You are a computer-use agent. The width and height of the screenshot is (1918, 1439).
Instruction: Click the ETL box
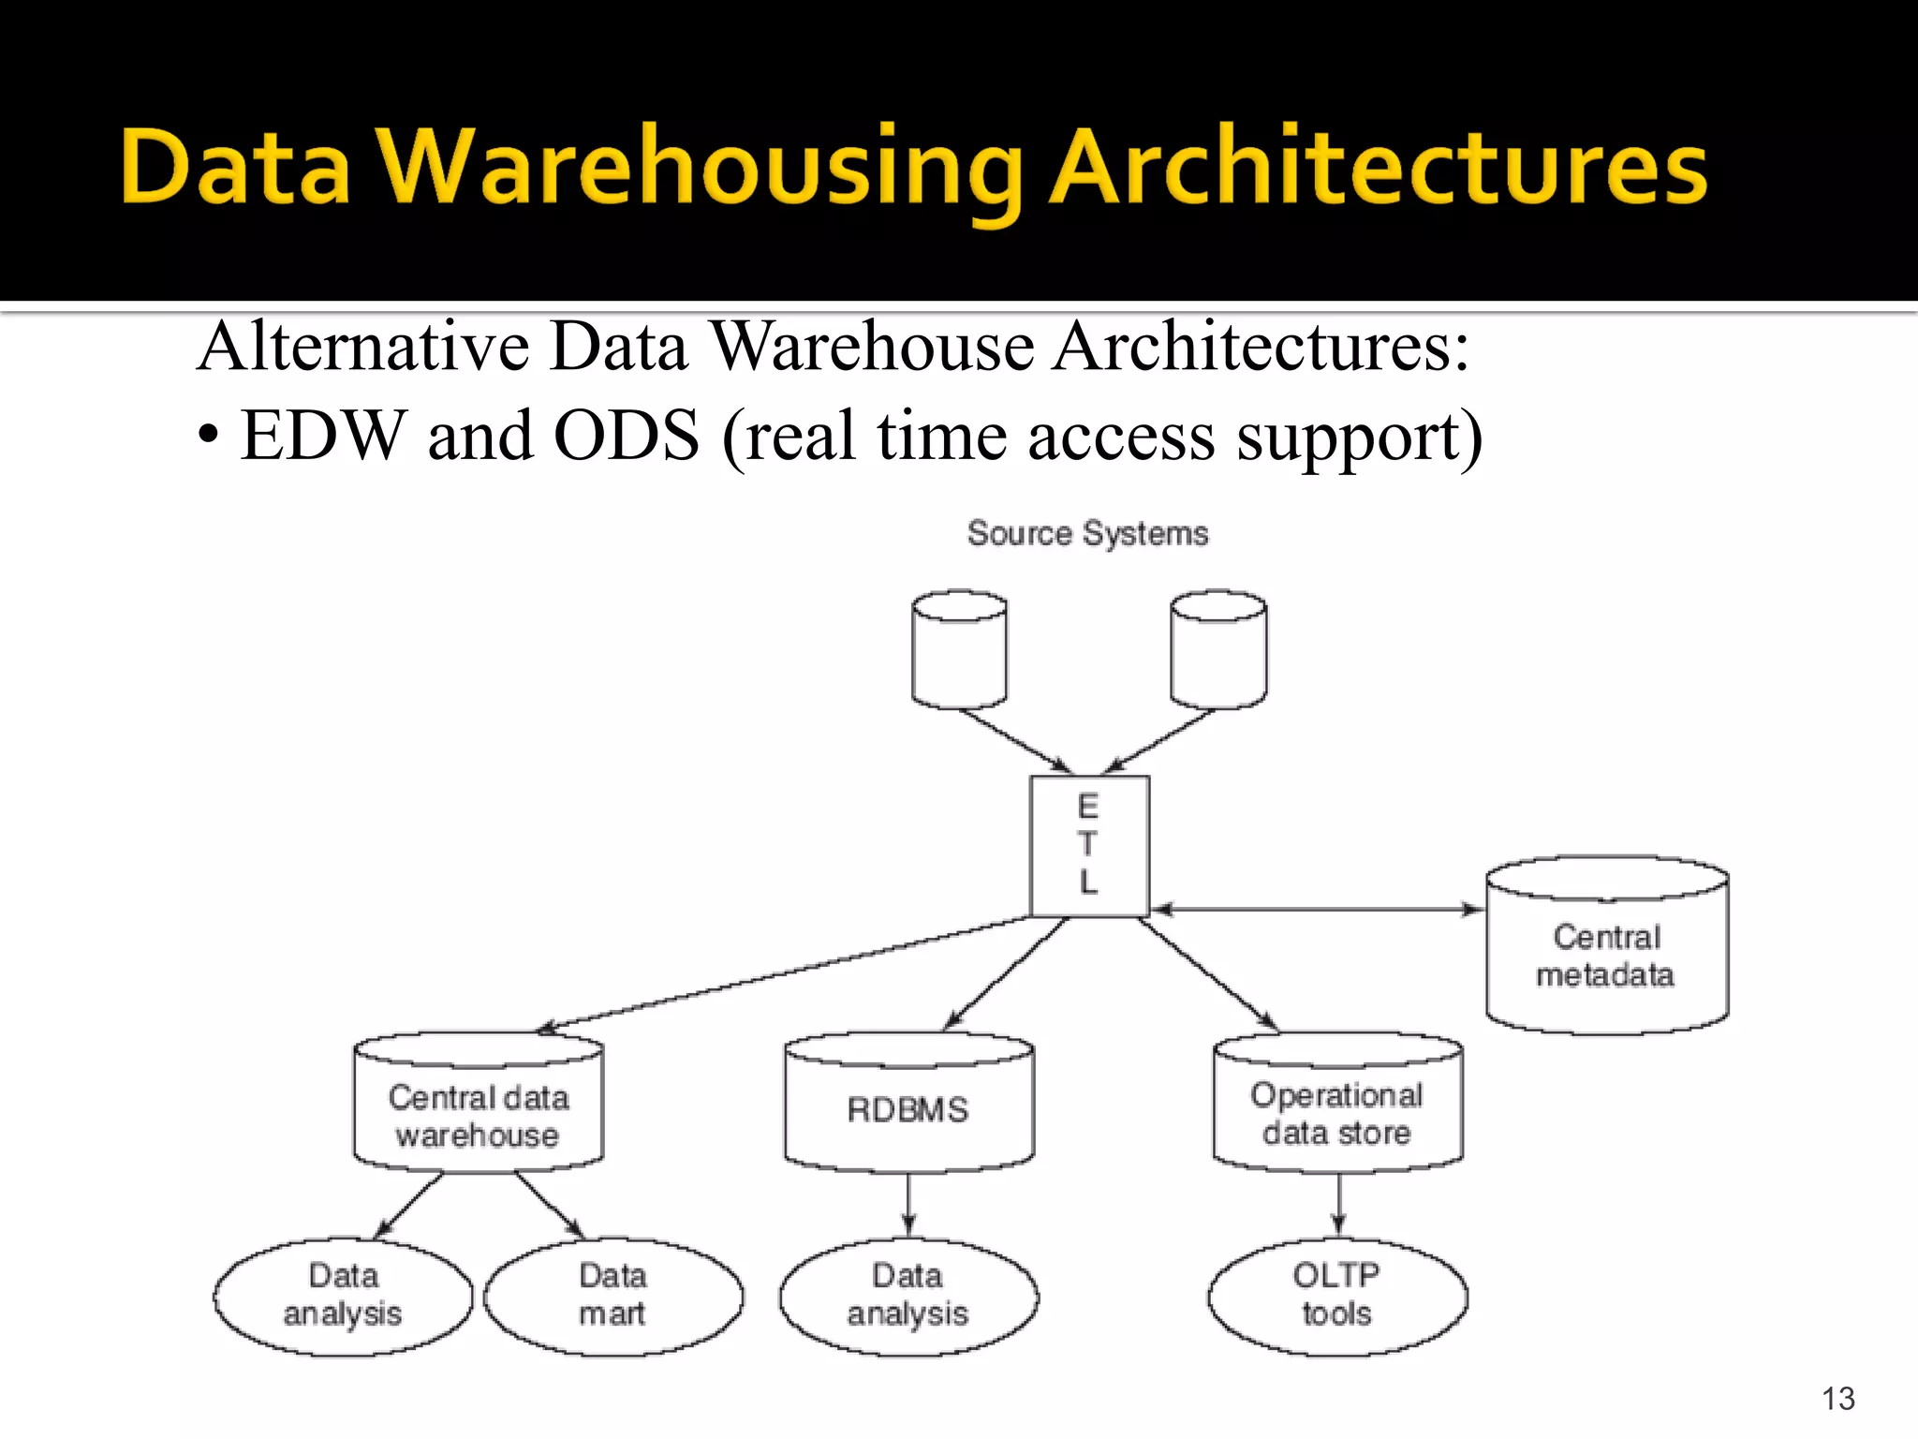coord(1089,846)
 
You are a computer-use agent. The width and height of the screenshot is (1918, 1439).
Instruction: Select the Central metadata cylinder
coord(1606,946)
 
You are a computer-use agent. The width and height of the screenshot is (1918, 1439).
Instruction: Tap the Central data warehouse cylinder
coord(479,1104)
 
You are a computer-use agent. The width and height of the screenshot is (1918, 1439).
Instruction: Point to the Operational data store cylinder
coord(1337,1104)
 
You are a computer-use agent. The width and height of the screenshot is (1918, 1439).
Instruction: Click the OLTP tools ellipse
coord(1337,1297)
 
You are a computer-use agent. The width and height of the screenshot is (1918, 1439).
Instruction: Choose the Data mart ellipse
coord(613,1297)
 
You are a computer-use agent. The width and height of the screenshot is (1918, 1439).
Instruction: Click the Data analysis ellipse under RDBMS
coord(908,1297)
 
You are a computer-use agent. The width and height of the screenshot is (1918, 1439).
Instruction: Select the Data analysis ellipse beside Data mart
coord(343,1297)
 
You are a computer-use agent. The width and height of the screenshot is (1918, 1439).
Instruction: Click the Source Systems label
coord(1087,533)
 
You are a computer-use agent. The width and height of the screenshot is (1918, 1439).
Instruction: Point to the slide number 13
coord(1838,1399)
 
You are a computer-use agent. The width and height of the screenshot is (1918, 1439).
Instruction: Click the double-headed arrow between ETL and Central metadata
coord(1316,909)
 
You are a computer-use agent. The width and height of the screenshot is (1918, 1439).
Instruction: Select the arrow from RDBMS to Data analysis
coord(908,1204)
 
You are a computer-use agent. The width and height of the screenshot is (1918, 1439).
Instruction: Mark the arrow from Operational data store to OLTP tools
coord(1338,1204)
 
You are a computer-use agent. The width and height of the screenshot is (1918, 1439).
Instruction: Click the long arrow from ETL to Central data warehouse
coord(787,974)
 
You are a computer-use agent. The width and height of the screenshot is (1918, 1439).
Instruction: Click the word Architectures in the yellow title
coord(1379,169)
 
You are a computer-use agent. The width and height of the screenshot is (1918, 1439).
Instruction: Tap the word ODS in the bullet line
coord(627,436)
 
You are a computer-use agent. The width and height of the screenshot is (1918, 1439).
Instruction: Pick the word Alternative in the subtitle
coord(363,347)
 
